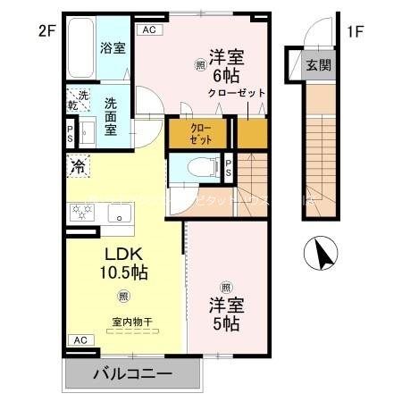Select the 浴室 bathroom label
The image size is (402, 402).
tap(112, 46)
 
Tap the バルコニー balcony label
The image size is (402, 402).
tap(133, 373)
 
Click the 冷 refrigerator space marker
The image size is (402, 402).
tap(78, 165)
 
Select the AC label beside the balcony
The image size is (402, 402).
tap(79, 339)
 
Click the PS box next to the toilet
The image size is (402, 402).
tap(229, 167)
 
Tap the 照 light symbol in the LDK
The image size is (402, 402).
tap(121, 297)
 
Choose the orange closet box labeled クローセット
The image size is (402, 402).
tap(200, 134)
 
